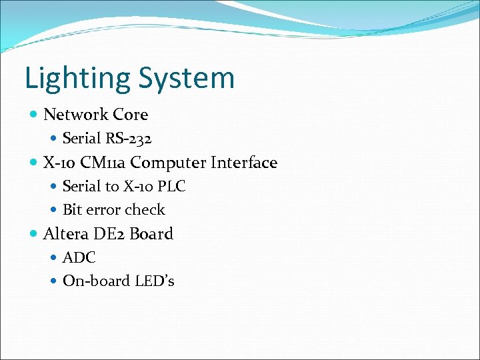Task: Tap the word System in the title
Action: pyautogui.click(x=186, y=79)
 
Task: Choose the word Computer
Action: pyautogui.click(x=173, y=163)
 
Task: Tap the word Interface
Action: pyautogui.click(x=244, y=163)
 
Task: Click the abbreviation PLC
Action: pyautogui.click(x=171, y=187)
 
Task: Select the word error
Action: pyautogui.click(x=101, y=210)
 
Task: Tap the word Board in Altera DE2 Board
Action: pyautogui.click(x=151, y=234)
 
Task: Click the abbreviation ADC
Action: pyautogui.click(x=79, y=257)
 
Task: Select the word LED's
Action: pyautogui.click(x=155, y=281)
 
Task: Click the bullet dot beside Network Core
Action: pyautogui.click(x=34, y=115)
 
